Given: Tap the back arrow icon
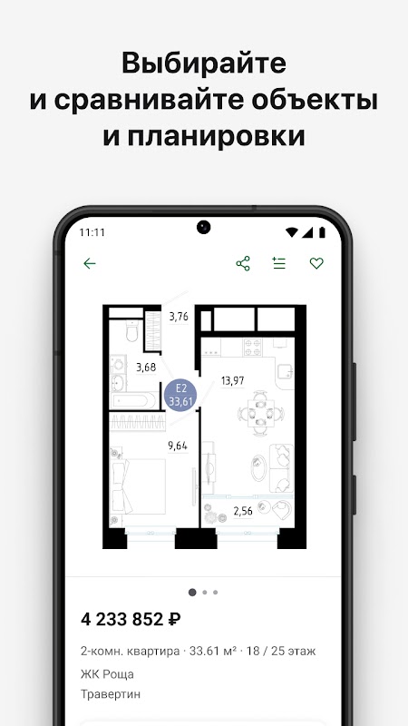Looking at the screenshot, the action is tap(89, 263).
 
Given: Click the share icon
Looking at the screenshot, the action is tap(243, 263).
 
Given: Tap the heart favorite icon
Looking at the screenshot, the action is tap(316, 263).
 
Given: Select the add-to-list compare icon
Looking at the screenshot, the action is tap(279, 263).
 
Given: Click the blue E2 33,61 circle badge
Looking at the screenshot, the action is tap(180, 396).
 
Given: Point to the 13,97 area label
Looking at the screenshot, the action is tap(233, 381).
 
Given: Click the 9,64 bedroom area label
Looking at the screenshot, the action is tap(178, 446).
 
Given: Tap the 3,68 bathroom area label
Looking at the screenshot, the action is tap(146, 368).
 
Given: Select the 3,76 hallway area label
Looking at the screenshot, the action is tap(179, 317).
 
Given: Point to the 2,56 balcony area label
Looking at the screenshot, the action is tap(243, 511).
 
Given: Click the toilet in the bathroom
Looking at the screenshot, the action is tap(131, 330).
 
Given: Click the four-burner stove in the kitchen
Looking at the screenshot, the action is tap(253, 347).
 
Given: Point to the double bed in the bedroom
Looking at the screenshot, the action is tap(138, 486).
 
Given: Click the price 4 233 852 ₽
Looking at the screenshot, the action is tap(131, 619).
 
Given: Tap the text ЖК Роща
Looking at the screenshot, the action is tap(107, 674).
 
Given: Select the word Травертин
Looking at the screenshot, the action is tap(111, 694).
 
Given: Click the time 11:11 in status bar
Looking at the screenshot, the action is tap(92, 232).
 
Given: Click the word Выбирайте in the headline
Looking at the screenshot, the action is tap(203, 64).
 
